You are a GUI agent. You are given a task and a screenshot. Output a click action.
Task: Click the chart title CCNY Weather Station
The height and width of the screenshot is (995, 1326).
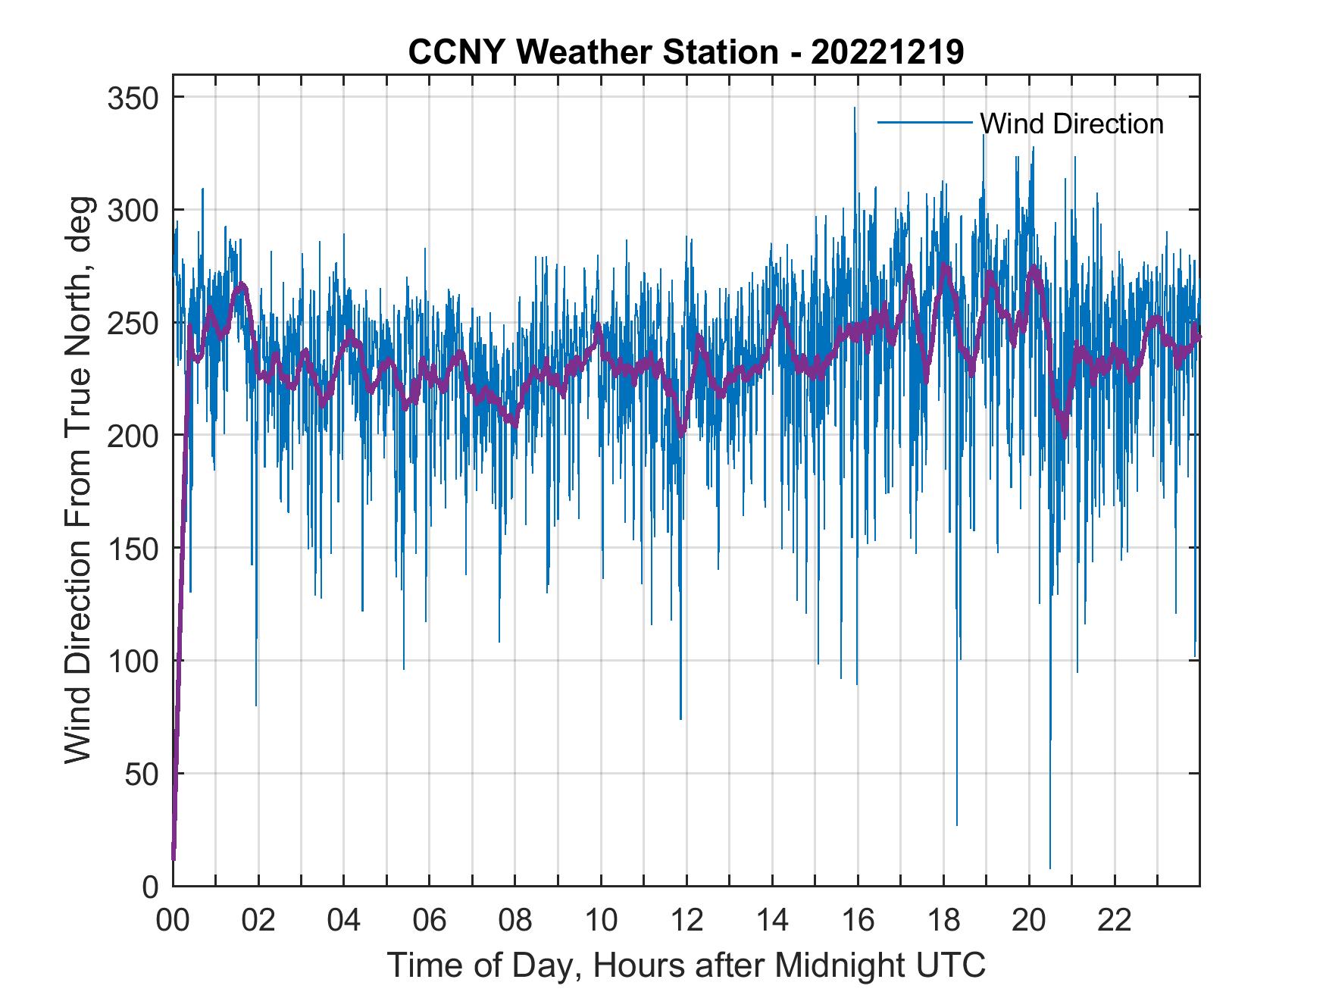pos(686,52)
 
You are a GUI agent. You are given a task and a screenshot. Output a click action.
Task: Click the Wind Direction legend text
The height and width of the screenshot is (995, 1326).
pos(1071,124)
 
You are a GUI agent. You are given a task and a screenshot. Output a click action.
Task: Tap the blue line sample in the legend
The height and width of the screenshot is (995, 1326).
pos(924,122)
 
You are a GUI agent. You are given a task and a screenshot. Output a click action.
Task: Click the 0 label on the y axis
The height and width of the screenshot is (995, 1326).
pos(152,886)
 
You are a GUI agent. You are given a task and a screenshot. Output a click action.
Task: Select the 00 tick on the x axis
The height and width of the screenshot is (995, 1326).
pos(173,921)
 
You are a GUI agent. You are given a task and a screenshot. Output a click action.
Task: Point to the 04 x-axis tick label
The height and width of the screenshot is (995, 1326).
pos(344,921)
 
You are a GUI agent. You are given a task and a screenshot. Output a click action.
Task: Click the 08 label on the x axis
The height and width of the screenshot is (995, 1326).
pos(515,921)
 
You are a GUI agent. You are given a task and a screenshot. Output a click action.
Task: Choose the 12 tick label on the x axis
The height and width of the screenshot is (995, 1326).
pos(686,921)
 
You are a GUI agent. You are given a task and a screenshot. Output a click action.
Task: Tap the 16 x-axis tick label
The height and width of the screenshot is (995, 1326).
pos(858,921)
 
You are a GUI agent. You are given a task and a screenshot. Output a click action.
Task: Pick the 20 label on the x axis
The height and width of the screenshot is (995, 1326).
pos(1029,921)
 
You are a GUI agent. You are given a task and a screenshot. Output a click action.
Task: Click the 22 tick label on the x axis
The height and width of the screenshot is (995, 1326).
pos(1115,921)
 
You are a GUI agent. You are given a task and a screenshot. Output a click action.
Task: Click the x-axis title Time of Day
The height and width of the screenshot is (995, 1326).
pos(686,965)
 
